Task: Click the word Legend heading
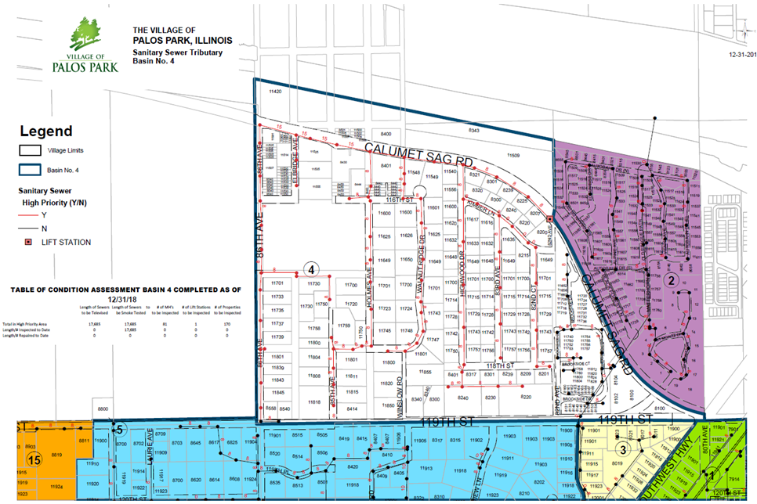pyautogui.click(x=46, y=131)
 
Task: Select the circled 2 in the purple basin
pyautogui.click(x=671, y=278)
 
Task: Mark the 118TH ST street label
pyautogui.click(x=498, y=365)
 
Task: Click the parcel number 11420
pyautogui.click(x=273, y=92)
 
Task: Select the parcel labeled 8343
pyautogui.click(x=473, y=129)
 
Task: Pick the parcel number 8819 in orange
pyautogui.click(x=56, y=455)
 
